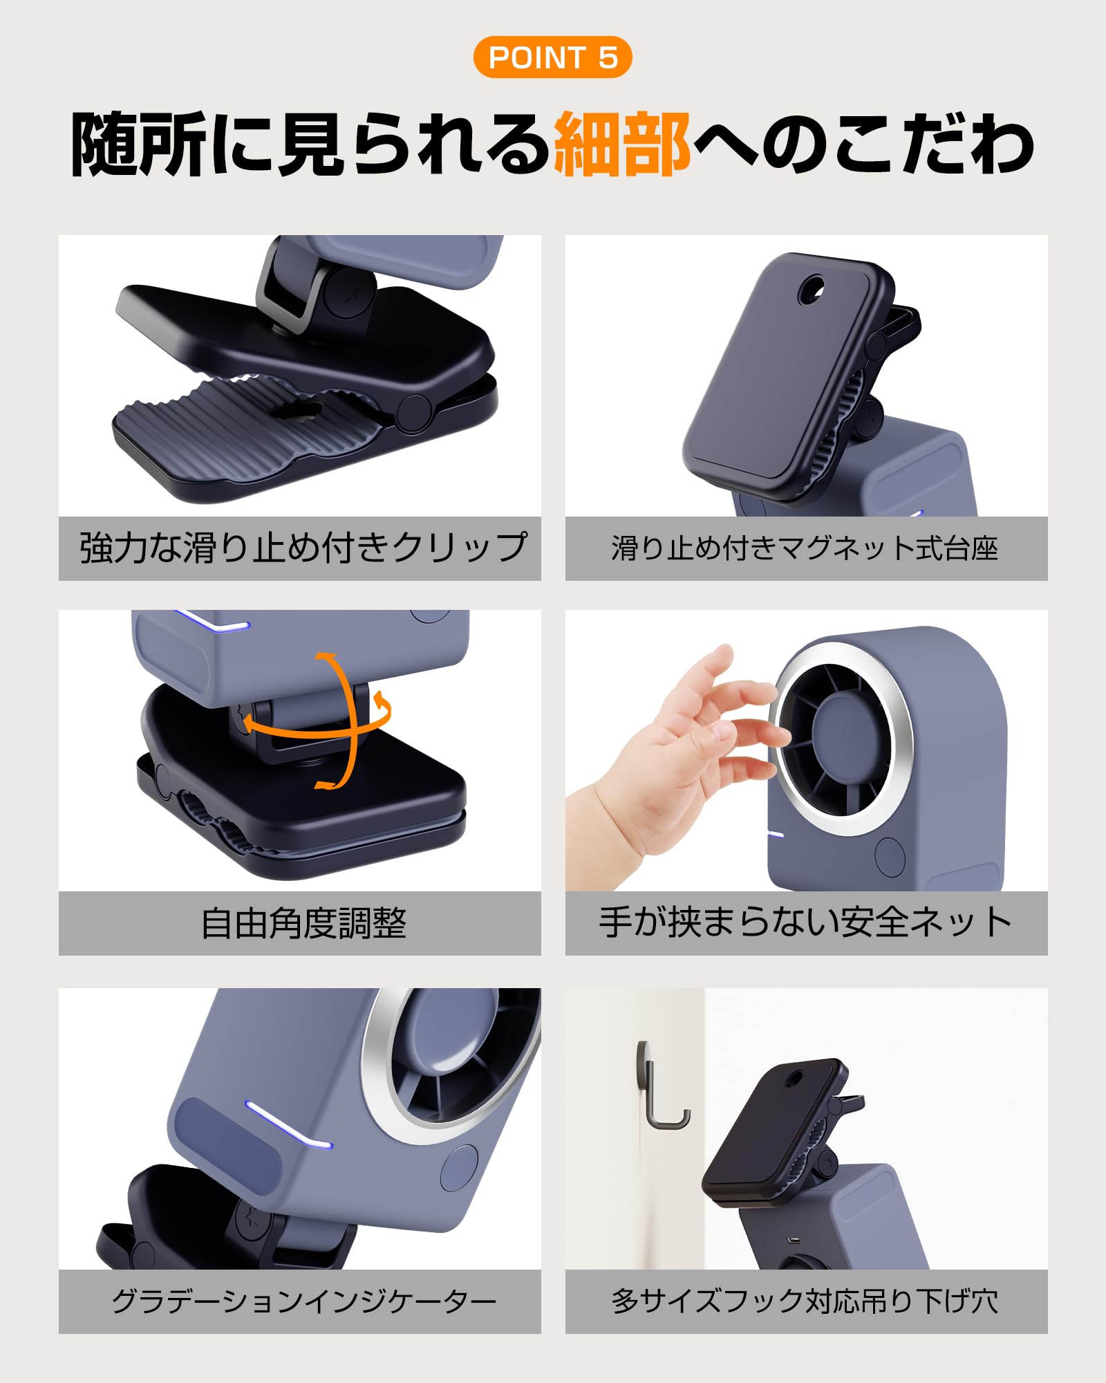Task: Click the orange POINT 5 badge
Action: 552,57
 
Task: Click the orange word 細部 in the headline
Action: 621,145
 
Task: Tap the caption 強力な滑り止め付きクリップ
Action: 303,548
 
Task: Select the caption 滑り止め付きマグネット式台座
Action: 805,548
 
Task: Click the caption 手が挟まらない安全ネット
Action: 805,922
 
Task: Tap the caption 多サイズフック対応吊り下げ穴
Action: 805,1301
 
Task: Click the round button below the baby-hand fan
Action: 890,855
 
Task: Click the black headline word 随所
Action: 138,145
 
